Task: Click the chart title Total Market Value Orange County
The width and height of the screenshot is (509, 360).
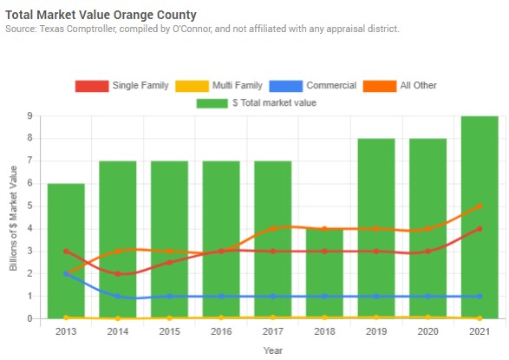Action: (101, 15)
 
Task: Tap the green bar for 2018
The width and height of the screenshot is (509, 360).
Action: (324, 273)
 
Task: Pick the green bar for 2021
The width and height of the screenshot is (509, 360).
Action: (480, 217)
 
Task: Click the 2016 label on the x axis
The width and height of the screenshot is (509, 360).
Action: (221, 331)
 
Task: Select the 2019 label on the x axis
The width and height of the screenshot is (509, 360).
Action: (376, 331)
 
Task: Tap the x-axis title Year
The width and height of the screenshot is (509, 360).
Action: (273, 350)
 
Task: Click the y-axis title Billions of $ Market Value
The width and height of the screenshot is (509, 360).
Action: (13, 217)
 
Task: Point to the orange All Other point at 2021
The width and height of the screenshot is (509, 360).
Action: (480, 206)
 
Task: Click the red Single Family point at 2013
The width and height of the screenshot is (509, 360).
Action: (66, 252)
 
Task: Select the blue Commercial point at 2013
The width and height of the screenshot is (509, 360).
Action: (66, 274)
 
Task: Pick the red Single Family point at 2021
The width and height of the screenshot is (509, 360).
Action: (480, 229)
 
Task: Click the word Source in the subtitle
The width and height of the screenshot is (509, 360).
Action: (22, 29)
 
